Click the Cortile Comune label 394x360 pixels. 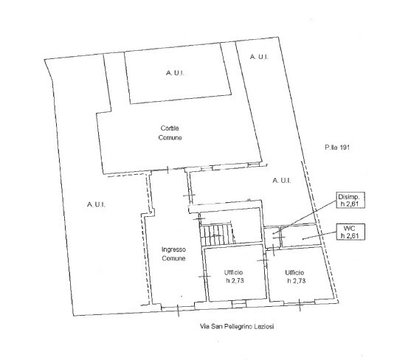pyautogui.click(x=170, y=133)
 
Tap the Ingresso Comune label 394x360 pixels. pyautogui.click(x=173, y=254)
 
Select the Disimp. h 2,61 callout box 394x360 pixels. pyautogui.click(x=350, y=200)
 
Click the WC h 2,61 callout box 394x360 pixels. pyautogui.click(x=350, y=232)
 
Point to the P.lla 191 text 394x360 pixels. pyautogui.click(x=336, y=148)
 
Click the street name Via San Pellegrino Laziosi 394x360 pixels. pyautogui.click(x=237, y=327)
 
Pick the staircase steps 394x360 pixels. pyautogui.click(x=217, y=235)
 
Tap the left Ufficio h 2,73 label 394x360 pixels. pyautogui.click(x=234, y=277)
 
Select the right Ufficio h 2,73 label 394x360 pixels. pyautogui.click(x=295, y=277)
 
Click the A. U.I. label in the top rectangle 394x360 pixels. pyautogui.click(x=175, y=73)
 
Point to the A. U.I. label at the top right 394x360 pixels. pyautogui.click(x=259, y=57)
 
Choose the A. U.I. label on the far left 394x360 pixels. pyautogui.click(x=96, y=204)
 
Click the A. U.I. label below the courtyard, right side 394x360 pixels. pyautogui.click(x=282, y=181)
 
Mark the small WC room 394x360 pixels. pyautogui.click(x=300, y=235)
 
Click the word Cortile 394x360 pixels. pyautogui.click(x=170, y=128)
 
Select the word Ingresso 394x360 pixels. pyautogui.click(x=173, y=250)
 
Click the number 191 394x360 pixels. pyautogui.click(x=345, y=148)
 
